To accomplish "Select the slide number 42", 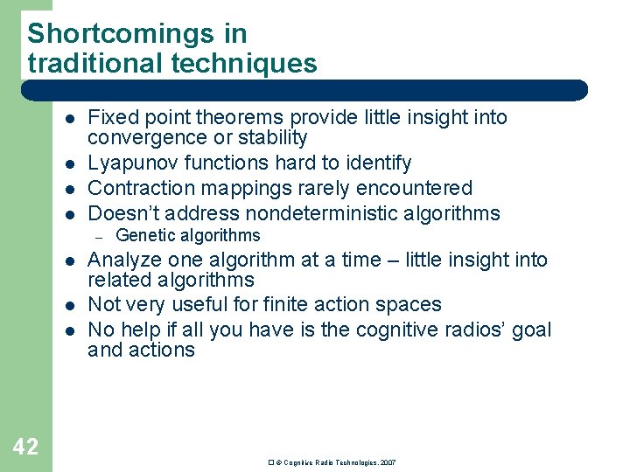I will click(x=26, y=447).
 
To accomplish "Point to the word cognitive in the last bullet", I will click(x=386, y=330).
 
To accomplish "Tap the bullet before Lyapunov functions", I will click(x=68, y=163).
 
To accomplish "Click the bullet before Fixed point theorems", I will click(x=68, y=118).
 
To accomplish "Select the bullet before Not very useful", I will click(x=68, y=305).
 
